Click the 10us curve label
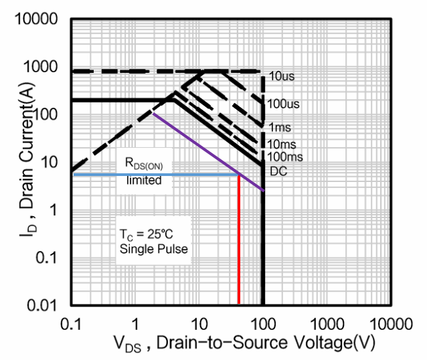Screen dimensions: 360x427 (x=282, y=77)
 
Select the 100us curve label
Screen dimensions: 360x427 (x=284, y=104)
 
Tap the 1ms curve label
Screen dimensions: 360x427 (x=280, y=127)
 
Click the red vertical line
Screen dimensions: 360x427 (x=239, y=241)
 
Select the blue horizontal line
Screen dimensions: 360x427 (x=154, y=175)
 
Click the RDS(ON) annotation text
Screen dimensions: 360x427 (x=144, y=164)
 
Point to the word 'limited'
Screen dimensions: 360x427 (x=144, y=180)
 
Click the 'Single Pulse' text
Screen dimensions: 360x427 (x=153, y=250)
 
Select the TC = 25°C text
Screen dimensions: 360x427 (x=147, y=236)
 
